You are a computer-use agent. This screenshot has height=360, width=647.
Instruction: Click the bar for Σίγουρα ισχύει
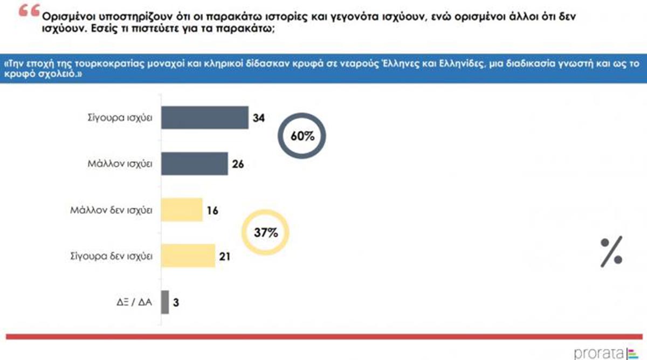(205, 117)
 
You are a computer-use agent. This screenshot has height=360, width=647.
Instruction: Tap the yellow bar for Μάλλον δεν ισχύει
(182, 210)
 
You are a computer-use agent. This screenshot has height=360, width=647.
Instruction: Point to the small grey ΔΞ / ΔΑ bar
(165, 302)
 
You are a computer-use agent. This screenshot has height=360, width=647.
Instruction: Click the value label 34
(259, 117)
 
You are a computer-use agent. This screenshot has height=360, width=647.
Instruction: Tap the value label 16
(213, 210)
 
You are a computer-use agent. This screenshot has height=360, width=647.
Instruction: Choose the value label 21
(224, 257)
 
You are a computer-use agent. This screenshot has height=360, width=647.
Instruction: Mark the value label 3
(176, 302)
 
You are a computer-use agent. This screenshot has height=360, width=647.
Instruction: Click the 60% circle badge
(302, 136)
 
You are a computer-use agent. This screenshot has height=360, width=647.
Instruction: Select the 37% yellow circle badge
(266, 233)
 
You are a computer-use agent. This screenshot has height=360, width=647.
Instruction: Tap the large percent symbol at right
(611, 252)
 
